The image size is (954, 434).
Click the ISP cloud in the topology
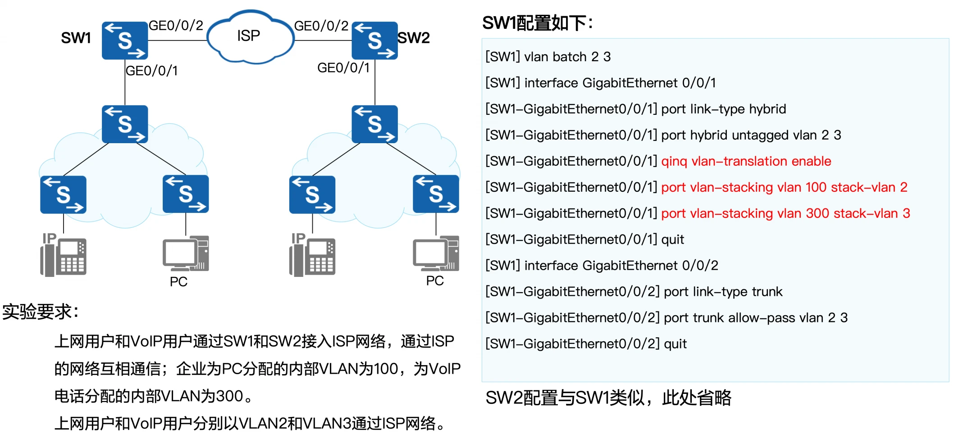pos(249,36)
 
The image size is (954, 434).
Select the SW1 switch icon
pos(125,41)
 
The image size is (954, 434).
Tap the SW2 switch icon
pos(374,41)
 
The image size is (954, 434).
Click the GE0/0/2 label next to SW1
pos(176,26)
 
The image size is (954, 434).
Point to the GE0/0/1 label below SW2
pos(343,68)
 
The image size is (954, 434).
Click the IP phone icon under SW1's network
pos(64,255)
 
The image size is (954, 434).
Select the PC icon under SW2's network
pos(436,253)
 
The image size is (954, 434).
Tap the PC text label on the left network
pos(178,282)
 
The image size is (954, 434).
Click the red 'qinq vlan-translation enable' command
pos(746,161)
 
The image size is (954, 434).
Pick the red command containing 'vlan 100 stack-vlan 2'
pos(784,187)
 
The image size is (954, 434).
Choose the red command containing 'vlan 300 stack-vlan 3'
pos(785,213)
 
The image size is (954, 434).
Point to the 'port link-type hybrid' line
pos(723,109)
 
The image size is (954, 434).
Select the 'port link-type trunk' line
pos(723,292)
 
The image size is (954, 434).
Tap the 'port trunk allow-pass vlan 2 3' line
pos(755,318)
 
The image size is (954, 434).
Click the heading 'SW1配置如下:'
pos(537,23)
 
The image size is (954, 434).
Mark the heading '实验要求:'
pos(41,312)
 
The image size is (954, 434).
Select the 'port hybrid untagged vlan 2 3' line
pos(751,135)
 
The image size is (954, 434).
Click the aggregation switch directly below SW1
pos(125,124)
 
